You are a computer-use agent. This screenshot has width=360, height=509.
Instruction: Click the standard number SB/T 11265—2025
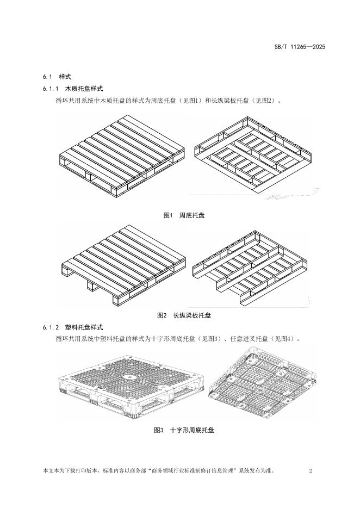point(299,47)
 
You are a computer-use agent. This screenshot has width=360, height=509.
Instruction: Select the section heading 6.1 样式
point(57,77)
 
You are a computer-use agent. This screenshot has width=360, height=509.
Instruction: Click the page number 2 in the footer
point(310,471)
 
